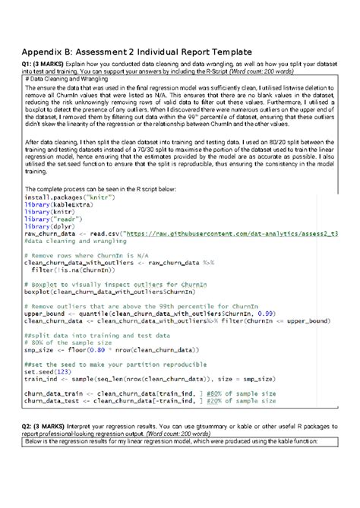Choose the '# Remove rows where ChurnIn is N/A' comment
tap(95, 254)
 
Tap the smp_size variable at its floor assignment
tap(43, 349)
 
